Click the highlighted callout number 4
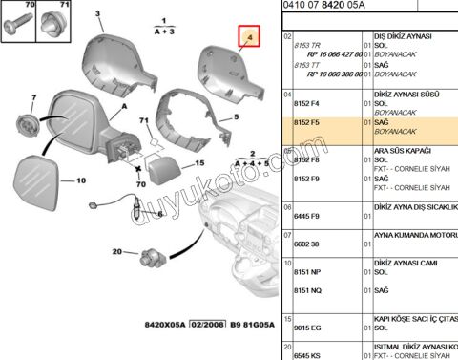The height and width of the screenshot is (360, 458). click(249, 39)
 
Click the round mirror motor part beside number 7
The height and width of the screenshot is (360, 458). click(27, 123)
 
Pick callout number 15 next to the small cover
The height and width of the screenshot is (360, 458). click(199, 163)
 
